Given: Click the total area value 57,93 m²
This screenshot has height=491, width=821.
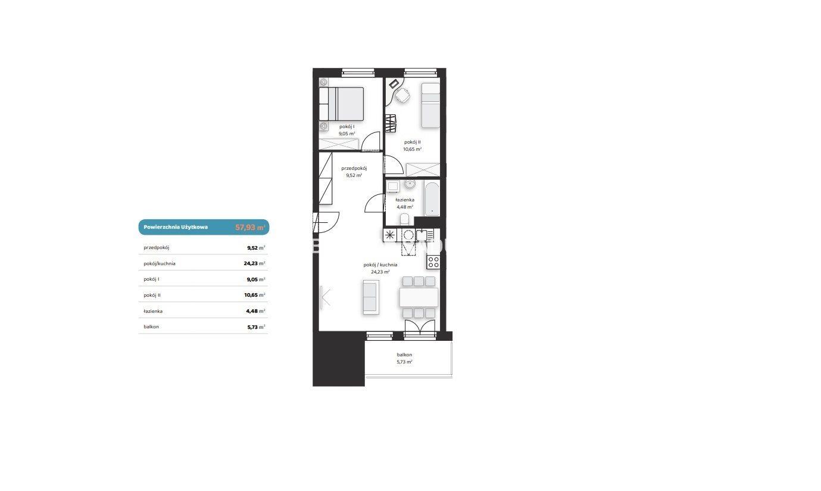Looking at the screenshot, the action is pos(250,228).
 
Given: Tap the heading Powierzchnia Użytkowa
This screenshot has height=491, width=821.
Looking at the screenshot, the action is pos(176,227).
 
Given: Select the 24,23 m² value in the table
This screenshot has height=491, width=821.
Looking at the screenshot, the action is pos(254,263).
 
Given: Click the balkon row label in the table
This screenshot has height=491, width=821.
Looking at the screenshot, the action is pos(151,327).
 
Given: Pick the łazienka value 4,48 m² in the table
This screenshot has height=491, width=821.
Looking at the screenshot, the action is pos(255,311).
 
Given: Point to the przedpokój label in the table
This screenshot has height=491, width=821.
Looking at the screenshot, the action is pos(156,248).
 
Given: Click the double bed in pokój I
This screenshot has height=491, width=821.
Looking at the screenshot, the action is pos(341,104).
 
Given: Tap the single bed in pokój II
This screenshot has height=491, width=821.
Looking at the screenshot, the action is pos(430,105).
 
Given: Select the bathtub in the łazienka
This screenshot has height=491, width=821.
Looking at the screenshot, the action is pos(432,198).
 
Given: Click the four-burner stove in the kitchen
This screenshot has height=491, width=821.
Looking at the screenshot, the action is pos(433,262).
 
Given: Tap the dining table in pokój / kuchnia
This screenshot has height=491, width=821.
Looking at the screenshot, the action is pos(419,297).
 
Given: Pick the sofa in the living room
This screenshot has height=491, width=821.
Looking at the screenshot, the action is pos(371,297).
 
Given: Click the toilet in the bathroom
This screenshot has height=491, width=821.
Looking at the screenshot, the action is pos(404,219).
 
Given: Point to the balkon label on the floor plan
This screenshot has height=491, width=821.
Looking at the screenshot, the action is pos(404,355).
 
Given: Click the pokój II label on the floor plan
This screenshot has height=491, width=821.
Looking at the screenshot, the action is pos(413,142).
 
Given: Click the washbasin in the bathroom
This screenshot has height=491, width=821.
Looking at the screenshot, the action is pos(410,184).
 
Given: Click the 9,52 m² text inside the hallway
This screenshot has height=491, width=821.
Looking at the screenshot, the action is pos(354,175).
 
